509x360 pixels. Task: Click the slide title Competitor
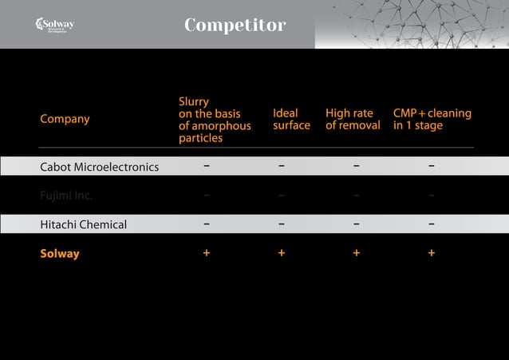235,26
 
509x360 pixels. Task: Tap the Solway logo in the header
55,25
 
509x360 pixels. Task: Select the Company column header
65,119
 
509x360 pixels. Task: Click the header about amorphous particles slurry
214,120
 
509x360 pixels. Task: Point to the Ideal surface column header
291,120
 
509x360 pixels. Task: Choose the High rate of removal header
353,120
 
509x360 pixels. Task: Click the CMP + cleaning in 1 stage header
432,120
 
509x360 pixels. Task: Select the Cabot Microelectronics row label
99,167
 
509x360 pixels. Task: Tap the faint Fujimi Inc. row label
66,196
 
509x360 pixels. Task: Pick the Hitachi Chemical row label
83,224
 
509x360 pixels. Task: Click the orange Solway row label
60,254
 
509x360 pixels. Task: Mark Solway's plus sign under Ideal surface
281,253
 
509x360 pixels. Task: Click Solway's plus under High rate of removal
356,253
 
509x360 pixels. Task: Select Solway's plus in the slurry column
207,253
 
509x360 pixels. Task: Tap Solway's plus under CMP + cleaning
431,253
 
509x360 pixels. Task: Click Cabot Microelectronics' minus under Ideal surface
281,167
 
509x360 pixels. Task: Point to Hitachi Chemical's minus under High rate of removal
356,224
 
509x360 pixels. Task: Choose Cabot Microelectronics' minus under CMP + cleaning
431,167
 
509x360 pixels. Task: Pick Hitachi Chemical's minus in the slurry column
207,224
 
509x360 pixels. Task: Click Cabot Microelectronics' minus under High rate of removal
356,167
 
